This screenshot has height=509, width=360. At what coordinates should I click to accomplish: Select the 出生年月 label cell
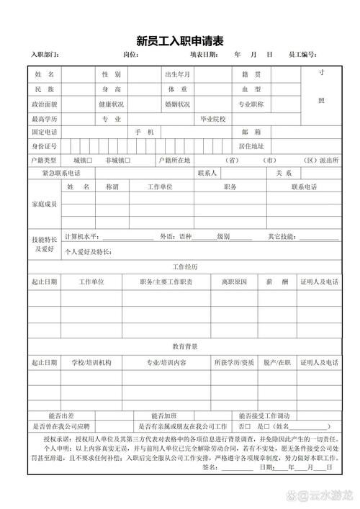tap(177, 75)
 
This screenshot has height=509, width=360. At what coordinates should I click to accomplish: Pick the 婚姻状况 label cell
tap(177, 104)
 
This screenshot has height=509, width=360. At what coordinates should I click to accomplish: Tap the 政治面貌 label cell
tap(44, 104)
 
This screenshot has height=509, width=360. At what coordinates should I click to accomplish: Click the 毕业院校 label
tap(213, 119)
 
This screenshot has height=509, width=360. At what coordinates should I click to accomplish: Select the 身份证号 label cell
tap(44, 147)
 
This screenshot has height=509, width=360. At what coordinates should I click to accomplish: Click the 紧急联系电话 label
tap(61, 174)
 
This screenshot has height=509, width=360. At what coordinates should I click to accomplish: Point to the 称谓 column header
tap(112, 187)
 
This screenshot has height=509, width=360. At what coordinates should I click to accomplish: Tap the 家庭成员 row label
tap(44, 205)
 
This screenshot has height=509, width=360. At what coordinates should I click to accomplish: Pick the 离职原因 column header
tap(233, 281)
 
